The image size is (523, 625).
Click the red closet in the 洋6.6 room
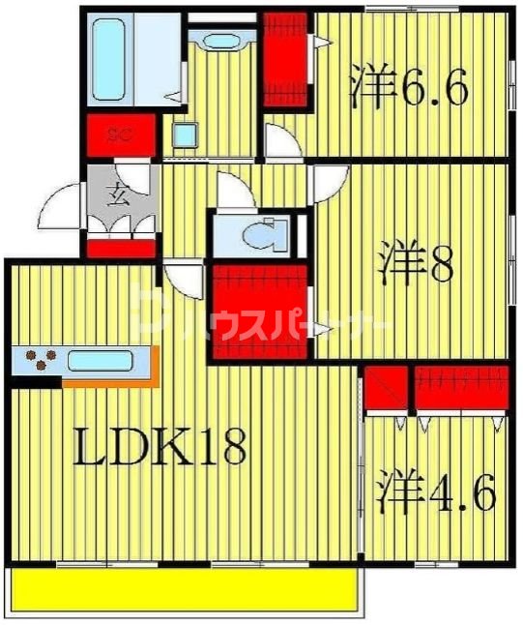point(286,58)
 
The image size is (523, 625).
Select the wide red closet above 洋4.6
point(461,387)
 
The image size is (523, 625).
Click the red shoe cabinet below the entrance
point(121,248)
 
